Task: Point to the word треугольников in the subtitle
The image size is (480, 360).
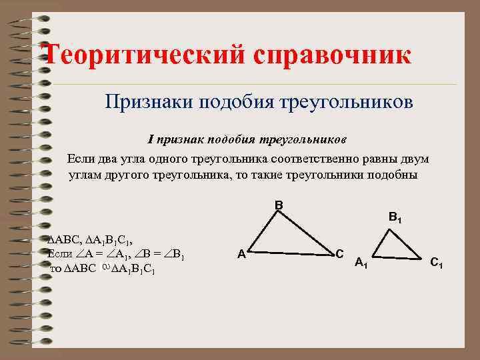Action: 349,102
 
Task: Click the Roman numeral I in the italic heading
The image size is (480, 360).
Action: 151,139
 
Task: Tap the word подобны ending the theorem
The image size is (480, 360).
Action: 395,175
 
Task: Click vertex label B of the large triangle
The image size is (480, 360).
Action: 279,205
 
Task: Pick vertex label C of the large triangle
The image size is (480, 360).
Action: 339,253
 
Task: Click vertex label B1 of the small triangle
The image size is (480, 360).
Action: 395,217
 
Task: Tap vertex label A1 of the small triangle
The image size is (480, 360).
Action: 361,263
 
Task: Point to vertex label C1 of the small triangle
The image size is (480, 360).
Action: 437,263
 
